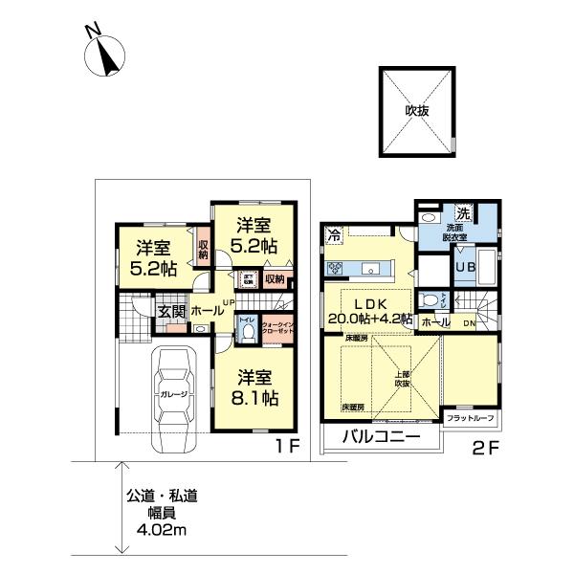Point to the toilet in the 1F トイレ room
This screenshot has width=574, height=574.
(x=245, y=332)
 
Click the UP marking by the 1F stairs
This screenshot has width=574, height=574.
(x=229, y=304)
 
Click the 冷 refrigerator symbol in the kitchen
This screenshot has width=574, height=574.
(x=335, y=233)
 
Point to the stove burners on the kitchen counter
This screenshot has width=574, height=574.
(x=336, y=268)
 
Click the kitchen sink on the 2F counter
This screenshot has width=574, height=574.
(x=374, y=268)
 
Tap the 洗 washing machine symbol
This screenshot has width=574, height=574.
(x=462, y=212)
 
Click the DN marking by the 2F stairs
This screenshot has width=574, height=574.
(x=469, y=323)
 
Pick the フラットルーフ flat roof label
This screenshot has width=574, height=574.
(x=468, y=419)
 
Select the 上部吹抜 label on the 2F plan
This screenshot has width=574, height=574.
(x=401, y=378)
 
